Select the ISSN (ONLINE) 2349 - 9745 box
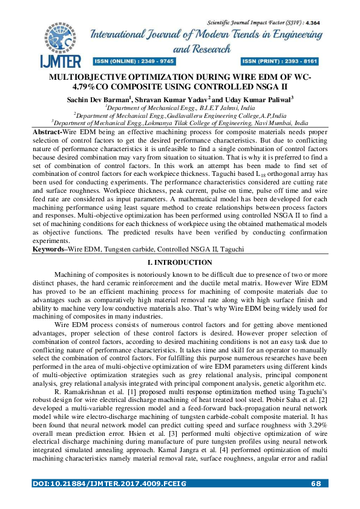134,62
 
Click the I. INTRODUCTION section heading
180,279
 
